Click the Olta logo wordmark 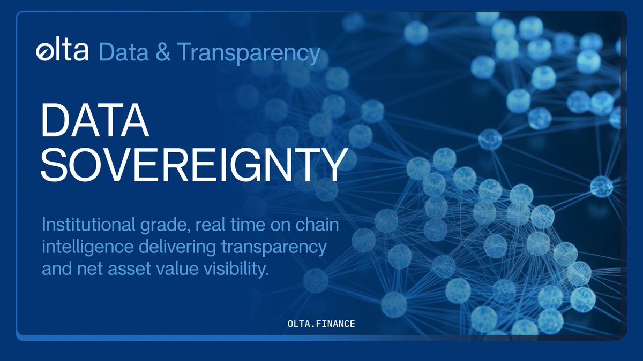(62, 52)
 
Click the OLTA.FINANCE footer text (321, 325)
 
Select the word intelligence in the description (81, 248)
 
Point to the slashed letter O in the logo (43, 52)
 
